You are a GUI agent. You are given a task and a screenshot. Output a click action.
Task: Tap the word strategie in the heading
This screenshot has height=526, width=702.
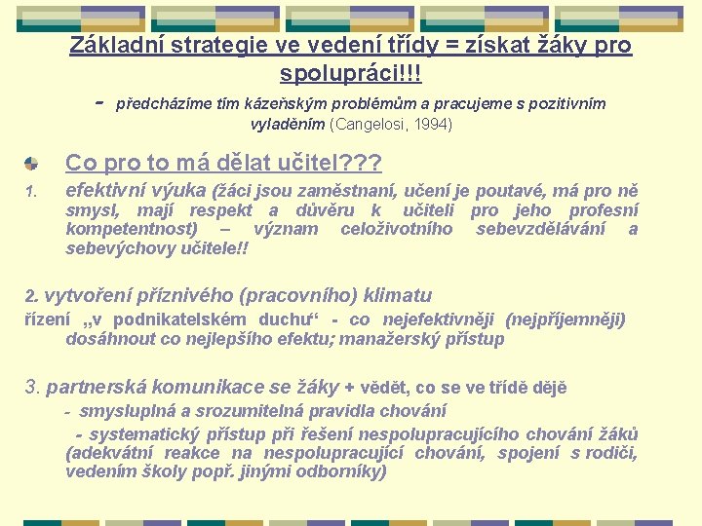click(x=202, y=46)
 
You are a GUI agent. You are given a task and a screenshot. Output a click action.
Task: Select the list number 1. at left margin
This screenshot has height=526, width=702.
click(x=31, y=191)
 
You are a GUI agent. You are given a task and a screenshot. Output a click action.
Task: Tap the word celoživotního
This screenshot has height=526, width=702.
click(x=396, y=229)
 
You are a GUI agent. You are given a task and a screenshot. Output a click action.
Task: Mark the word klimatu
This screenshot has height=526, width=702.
click(x=397, y=296)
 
